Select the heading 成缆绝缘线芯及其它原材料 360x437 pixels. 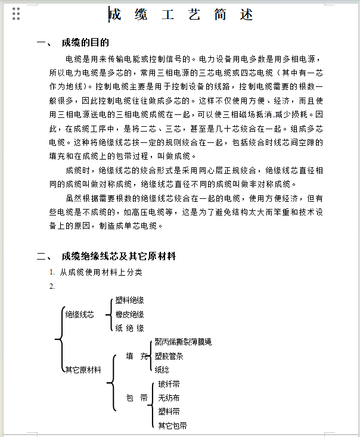[x=119, y=257]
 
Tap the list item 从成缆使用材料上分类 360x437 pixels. [x=101, y=272]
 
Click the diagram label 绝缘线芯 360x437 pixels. [x=79, y=314]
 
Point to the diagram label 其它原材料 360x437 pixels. [x=83, y=370]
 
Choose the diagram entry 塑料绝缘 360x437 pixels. [x=129, y=301]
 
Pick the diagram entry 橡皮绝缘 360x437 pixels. [x=129, y=314]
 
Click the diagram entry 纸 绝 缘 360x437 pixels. [x=129, y=328]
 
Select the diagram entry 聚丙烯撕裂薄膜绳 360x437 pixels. [x=183, y=342]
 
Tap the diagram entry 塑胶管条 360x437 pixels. [x=169, y=356]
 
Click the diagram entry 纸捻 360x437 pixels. [x=162, y=370]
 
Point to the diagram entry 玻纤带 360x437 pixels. [x=169, y=384]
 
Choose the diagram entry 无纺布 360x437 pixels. [x=169, y=398]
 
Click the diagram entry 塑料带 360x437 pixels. [x=169, y=411]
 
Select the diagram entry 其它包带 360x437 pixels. [x=172, y=426]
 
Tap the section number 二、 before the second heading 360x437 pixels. [x=45, y=257]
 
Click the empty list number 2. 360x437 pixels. [x=52, y=286]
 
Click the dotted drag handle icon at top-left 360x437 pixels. [x=16, y=14]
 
